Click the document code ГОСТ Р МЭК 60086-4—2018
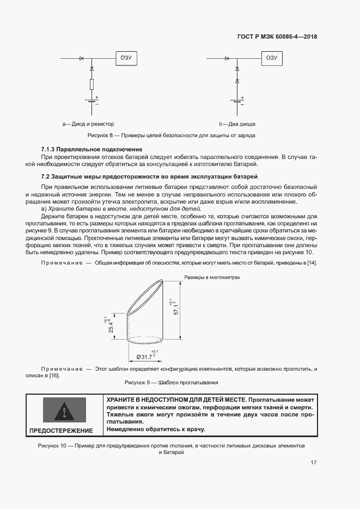(277, 37)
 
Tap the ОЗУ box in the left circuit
(126, 58)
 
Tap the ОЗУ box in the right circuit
(271, 58)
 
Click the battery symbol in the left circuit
(91, 100)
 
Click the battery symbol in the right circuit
(237, 100)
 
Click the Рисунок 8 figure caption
(172, 135)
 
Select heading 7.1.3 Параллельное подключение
(91, 149)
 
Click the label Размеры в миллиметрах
(212, 277)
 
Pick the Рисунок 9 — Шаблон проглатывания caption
(172, 383)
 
